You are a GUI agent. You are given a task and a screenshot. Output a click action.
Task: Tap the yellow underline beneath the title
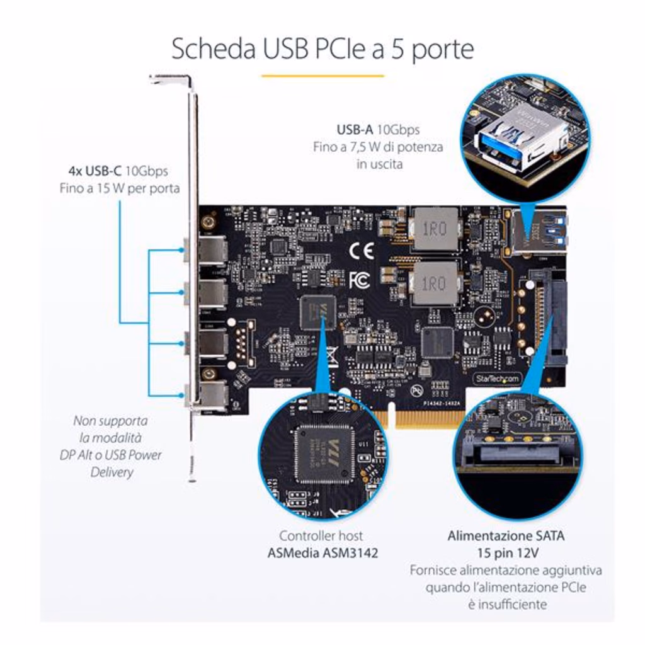(322, 76)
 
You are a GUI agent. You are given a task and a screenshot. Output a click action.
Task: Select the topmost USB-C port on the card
(212, 250)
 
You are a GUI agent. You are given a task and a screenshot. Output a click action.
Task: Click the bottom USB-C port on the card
(212, 395)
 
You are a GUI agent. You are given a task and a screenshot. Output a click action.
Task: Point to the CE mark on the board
(362, 250)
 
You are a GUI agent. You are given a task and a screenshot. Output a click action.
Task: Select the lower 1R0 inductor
(435, 283)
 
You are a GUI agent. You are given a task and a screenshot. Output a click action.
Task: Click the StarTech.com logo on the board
(496, 379)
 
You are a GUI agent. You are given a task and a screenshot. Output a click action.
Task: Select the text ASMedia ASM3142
(321, 553)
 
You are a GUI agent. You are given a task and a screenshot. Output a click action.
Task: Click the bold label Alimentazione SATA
(506, 536)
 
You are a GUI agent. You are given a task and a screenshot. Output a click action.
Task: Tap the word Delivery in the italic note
(111, 472)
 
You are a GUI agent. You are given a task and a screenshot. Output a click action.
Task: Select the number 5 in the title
(397, 49)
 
